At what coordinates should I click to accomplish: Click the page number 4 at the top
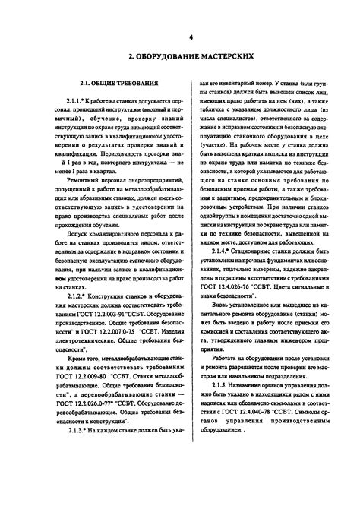coord(191,38)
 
